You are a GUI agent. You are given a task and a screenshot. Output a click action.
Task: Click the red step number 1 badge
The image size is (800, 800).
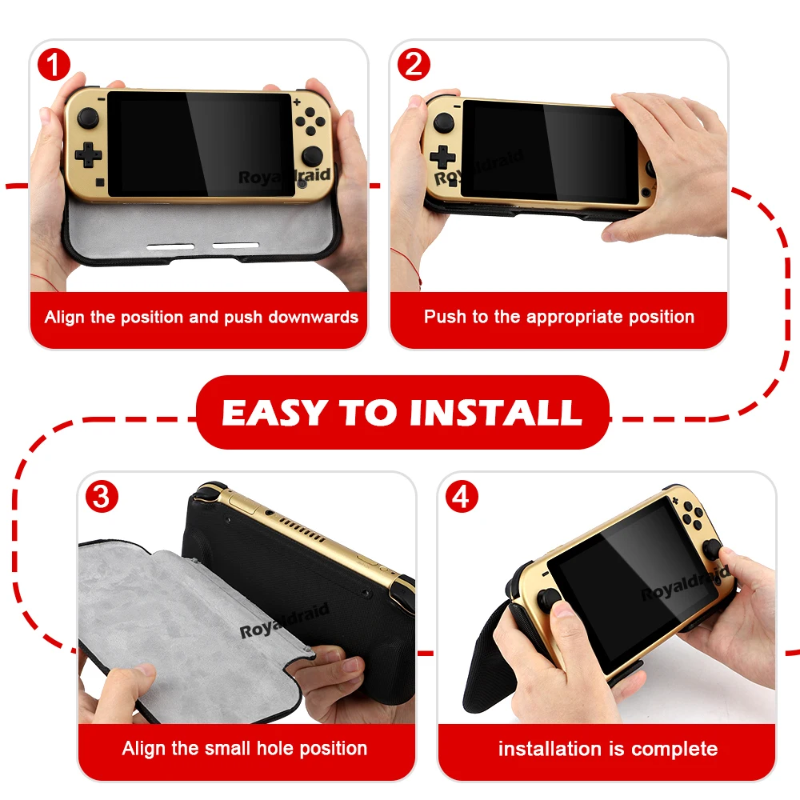[x=54, y=64]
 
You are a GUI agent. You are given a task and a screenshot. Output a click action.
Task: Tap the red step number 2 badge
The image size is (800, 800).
[x=414, y=64]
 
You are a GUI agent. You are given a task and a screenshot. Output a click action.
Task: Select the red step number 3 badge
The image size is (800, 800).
[x=102, y=497]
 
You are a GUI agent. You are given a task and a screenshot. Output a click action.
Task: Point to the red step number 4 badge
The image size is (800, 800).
[x=462, y=497]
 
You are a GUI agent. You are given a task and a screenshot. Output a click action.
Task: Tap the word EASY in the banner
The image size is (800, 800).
[x=274, y=412]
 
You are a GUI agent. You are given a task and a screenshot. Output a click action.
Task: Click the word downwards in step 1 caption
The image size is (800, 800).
[x=314, y=317]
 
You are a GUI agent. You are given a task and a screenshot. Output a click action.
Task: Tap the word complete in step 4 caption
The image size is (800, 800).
[x=674, y=749]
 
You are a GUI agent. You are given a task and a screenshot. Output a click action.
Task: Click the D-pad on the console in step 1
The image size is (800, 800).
[x=88, y=154]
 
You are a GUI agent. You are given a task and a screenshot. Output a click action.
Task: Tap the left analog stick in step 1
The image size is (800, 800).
[x=88, y=118]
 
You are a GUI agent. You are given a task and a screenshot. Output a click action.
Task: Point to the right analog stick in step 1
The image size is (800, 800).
[x=312, y=156]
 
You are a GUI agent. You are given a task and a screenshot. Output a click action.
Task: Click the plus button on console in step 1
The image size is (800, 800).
[x=297, y=102]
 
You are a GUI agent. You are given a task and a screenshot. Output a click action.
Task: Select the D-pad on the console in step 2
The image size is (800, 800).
[x=442, y=157]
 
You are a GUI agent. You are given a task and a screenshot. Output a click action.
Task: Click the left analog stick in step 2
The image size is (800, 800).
[x=443, y=123]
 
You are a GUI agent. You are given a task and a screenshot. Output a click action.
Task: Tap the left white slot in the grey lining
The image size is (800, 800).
[x=170, y=246]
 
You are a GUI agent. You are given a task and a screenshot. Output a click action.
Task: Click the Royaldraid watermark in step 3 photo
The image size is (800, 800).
[x=284, y=621]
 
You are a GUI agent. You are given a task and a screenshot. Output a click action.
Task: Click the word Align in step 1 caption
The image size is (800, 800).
[x=65, y=318]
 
